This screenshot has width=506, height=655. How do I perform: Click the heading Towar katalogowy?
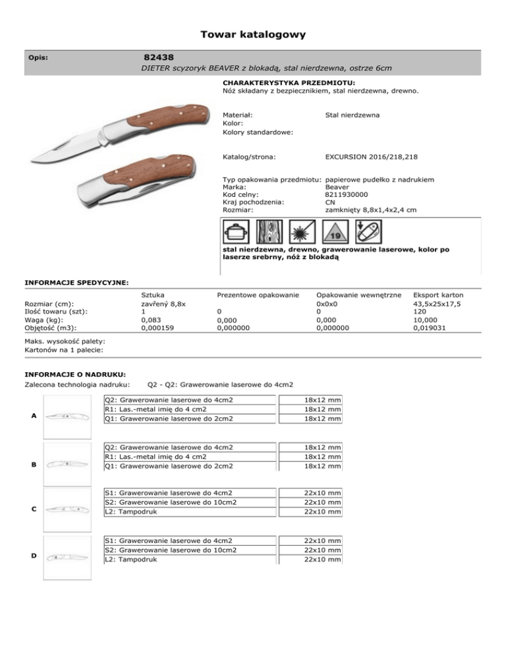(253, 34)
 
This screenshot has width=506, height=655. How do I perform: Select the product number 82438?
(159, 57)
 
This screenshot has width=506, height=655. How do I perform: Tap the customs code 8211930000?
(347, 194)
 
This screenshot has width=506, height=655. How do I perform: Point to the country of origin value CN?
(331, 202)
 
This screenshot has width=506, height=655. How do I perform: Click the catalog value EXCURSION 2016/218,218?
(371, 157)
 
